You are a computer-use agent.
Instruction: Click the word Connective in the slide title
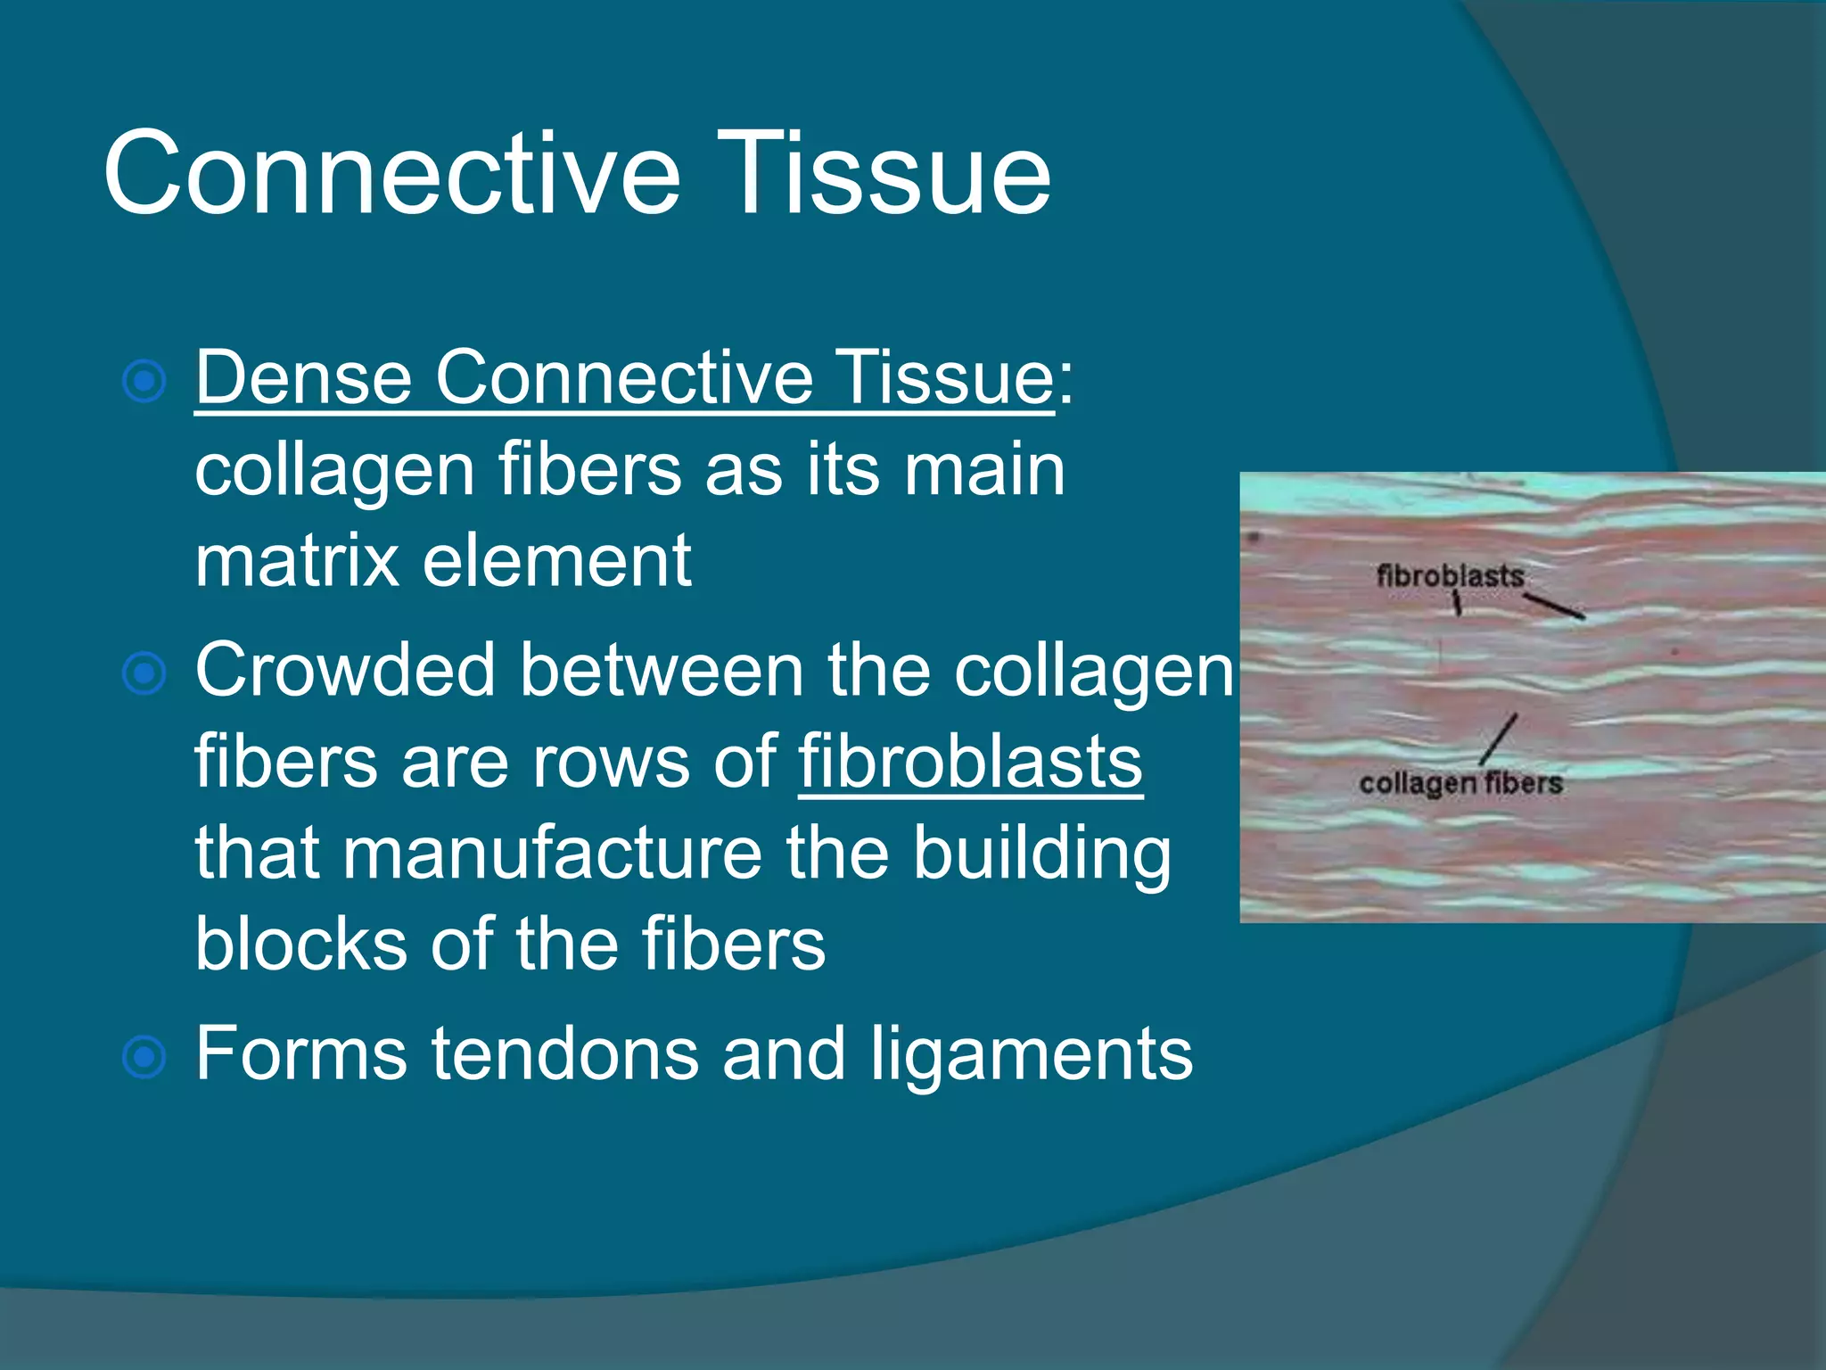coord(392,173)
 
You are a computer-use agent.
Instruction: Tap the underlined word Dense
coord(303,378)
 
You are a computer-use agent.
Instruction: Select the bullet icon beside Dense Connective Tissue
coord(144,382)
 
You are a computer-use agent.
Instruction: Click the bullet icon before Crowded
coord(144,673)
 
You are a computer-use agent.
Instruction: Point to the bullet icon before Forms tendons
coord(144,1058)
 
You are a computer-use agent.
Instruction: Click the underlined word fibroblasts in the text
coord(970,763)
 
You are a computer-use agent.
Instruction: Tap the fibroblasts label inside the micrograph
coord(1450,576)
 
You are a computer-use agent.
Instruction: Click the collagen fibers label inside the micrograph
coord(1460,783)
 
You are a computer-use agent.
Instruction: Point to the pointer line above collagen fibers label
coord(1498,739)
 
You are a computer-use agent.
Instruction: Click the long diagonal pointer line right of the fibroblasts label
coord(1553,607)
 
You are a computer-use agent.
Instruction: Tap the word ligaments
coord(1031,1054)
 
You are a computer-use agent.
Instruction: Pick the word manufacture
coord(553,854)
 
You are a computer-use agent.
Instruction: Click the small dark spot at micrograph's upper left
coord(1254,537)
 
